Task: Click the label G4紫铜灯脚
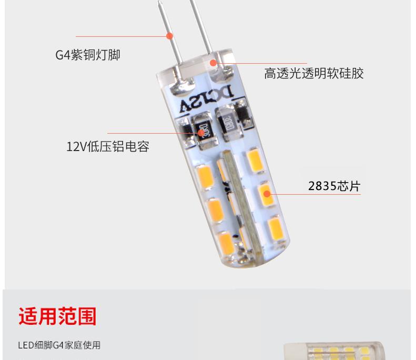point(88,55)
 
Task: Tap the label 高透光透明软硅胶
point(314,73)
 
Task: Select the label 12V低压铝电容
point(108,146)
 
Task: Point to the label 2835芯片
point(334,186)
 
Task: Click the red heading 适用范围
point(57,316)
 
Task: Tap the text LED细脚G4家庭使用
point(59,345)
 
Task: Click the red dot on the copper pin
point(170,36)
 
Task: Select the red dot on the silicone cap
point(214,63)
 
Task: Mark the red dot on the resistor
point(201,133)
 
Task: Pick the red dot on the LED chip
point(267,194)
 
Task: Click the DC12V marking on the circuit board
point(207,99)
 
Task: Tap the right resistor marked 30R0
point(228,124)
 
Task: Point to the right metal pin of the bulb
point(201,26)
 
